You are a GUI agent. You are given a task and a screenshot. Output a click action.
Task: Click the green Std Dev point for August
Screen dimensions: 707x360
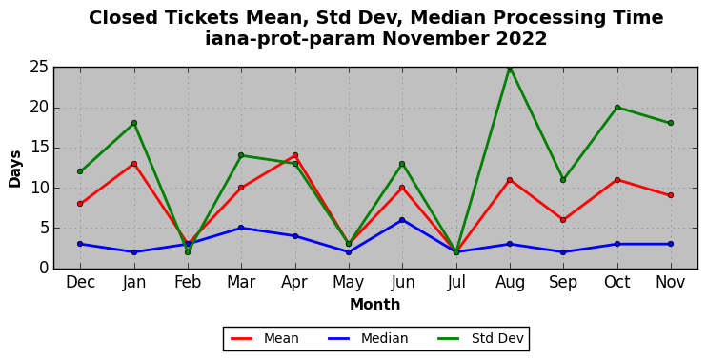pyautogui.click(x=510, y=68)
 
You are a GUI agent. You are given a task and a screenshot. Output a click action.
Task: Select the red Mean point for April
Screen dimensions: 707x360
pyautogui.click(x=295, y=155)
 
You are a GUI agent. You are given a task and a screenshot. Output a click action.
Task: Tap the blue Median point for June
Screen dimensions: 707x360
pyautogui.click(x=402, y=220)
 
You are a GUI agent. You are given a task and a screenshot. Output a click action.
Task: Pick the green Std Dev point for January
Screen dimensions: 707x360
pyautogui.click(x=134, y=123)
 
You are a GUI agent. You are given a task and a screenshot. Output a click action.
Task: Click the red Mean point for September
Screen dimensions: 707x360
pyautogui.click(x=563, y=220)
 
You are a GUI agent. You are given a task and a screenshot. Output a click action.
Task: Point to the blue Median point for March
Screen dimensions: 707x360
pyautogui.click(x=241, y=228)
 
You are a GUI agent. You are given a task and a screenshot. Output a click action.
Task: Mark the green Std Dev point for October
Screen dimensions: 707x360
pyautogui.click(x=617, y=108)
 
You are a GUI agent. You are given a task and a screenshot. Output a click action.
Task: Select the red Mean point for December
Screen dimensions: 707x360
pyautogui.click(x=80, y=204)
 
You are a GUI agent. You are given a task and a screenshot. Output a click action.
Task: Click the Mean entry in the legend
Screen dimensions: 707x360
pyautogui.click(x=265, y=338)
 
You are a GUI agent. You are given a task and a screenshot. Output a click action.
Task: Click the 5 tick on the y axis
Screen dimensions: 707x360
pyautogui.click(x=44, y=228)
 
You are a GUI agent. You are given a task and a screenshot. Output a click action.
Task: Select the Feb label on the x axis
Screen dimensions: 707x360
pyautogui.click(x=188, y=283)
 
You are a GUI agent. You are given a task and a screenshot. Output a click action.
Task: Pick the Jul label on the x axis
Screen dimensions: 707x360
pyautogui.click(x=456, y=283)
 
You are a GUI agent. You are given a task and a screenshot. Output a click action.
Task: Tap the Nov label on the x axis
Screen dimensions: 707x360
pyautogui.click(x=671, y=283)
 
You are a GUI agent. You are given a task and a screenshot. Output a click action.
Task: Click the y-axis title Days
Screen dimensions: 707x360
pyautogui.click(x=15, y=169)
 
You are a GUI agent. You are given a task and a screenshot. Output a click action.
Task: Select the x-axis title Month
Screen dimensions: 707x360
pyautogui.click(x=375, y=305)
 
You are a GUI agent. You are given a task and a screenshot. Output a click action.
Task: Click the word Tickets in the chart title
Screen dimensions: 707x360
pyautogui.click(x=202, y=18)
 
